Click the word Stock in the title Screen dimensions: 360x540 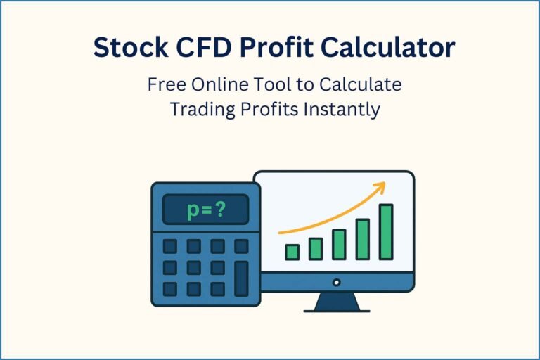point(129,47)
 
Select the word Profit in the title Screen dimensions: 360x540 point(271,47)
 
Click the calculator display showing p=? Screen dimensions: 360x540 point(205,210)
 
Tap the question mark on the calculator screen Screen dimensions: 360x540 point(221,210)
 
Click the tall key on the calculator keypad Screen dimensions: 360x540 point(241,278)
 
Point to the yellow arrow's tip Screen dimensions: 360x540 point(383,186)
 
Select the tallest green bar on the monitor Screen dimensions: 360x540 point(386,232)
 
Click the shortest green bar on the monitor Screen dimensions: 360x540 point(292,252)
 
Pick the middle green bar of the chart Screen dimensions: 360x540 point(339,245)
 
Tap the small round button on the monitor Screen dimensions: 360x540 point(336,283)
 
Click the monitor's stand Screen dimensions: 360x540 point(336,302)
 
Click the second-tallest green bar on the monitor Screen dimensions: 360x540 point(363,239)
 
